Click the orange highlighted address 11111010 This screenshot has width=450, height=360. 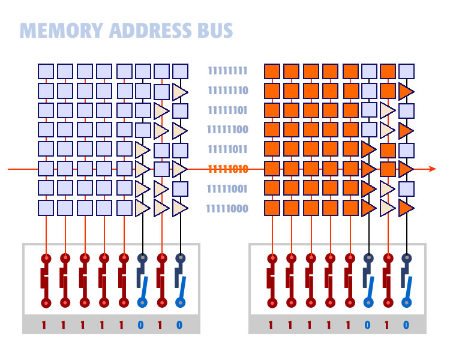[x=227, y=169]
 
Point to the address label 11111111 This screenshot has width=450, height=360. [x=227, y=71]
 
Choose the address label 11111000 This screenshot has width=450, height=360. [x=227, y=209]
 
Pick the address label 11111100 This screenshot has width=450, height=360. [x=227, y=130]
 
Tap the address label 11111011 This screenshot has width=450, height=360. [x=227, y=149]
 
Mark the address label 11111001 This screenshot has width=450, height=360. [x=227, y=189]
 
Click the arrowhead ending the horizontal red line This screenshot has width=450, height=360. [x=433, y=169]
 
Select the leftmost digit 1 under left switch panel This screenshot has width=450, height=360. [x=44, y=325]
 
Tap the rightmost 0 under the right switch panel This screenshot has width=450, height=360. [x=406, y=325]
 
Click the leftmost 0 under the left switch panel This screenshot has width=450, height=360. [x=140, y=325]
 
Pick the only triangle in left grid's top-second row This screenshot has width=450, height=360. [x=179, y=92]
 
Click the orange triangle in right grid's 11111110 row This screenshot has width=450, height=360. [x=406, y=92]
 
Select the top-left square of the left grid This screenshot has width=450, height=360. [x=46, y=71]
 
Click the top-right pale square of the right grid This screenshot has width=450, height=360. [x=406, y=71]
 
